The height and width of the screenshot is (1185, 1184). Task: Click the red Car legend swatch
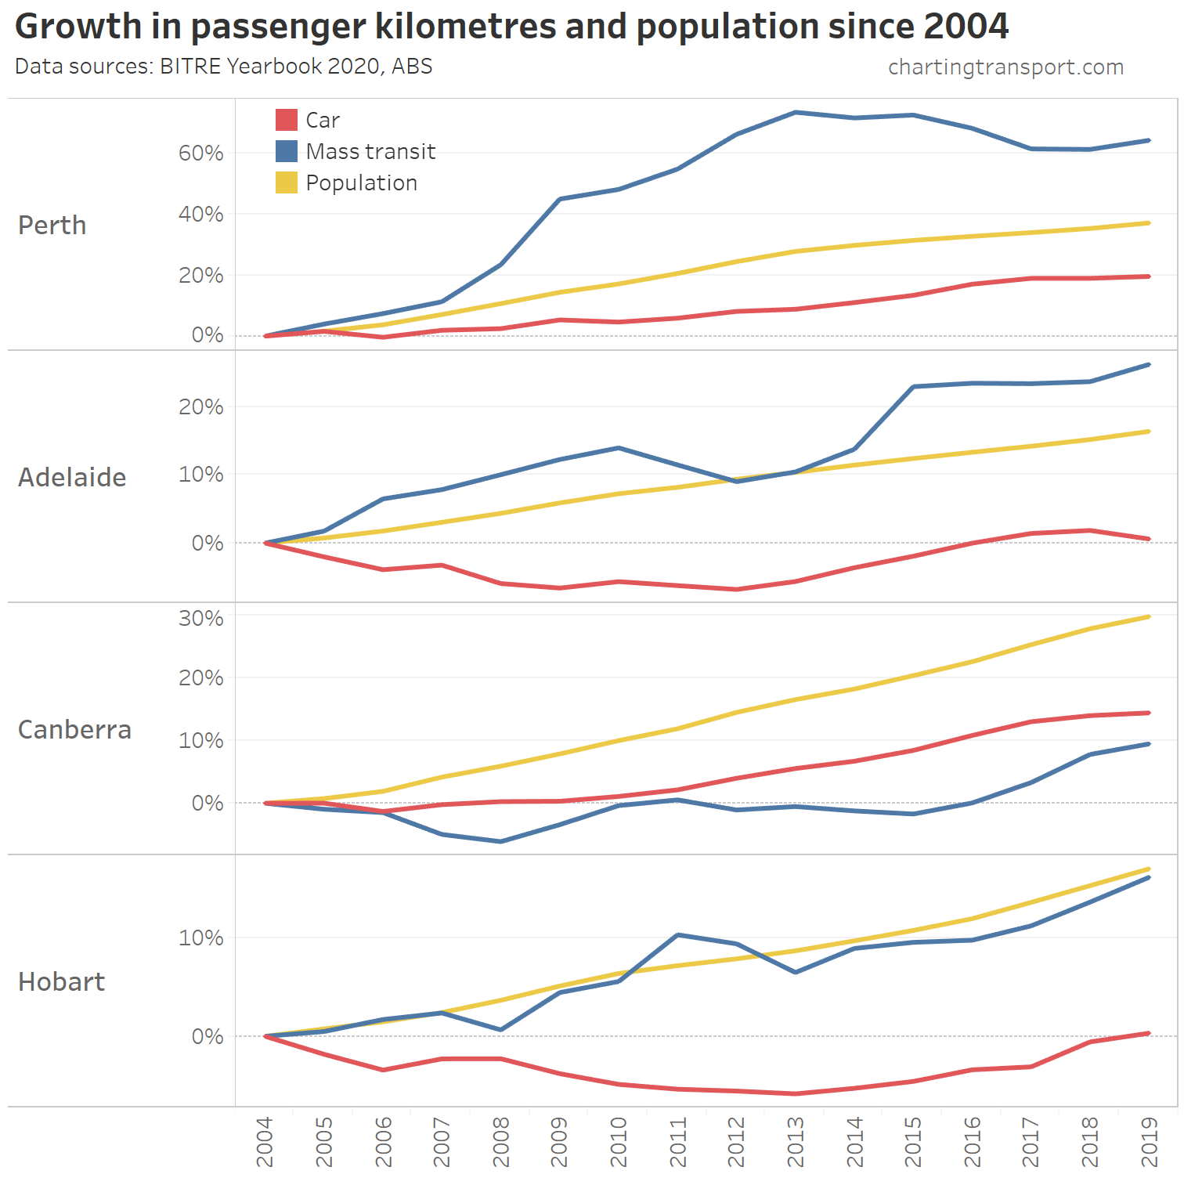287,120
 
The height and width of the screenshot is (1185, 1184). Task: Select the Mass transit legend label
370,151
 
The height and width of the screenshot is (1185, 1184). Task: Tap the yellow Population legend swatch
287,182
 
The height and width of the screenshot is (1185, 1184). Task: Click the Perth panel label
52,226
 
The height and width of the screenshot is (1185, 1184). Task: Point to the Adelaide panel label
72,478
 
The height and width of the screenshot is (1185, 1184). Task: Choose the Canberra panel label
74,730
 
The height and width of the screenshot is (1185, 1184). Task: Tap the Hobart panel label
61,982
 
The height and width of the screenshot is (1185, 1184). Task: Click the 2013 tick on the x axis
796,1142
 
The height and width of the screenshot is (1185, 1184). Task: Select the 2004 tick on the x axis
265,1142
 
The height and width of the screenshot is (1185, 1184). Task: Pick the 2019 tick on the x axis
1149,1142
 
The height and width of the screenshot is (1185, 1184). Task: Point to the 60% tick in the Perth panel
200,153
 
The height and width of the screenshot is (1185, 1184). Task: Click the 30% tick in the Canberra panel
200,618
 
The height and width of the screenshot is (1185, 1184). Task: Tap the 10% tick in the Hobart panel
200,938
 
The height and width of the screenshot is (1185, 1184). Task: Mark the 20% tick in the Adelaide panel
200,406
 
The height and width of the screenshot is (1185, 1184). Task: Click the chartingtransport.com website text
1005,67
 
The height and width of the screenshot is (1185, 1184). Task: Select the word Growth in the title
78,27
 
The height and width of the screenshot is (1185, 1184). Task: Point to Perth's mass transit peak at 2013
796,112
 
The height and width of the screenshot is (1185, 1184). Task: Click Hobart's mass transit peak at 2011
677,934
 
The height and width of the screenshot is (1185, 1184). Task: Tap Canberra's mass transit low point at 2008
501,841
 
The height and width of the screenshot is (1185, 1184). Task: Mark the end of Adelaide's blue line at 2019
1148,365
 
